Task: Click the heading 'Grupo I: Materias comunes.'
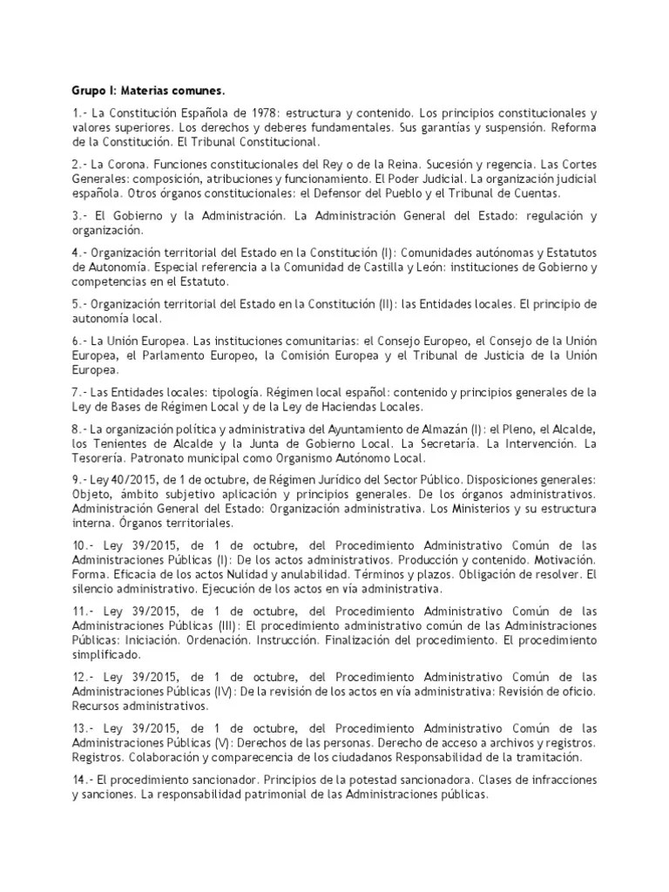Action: [136, 91]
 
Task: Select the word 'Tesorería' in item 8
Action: [101, 457]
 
